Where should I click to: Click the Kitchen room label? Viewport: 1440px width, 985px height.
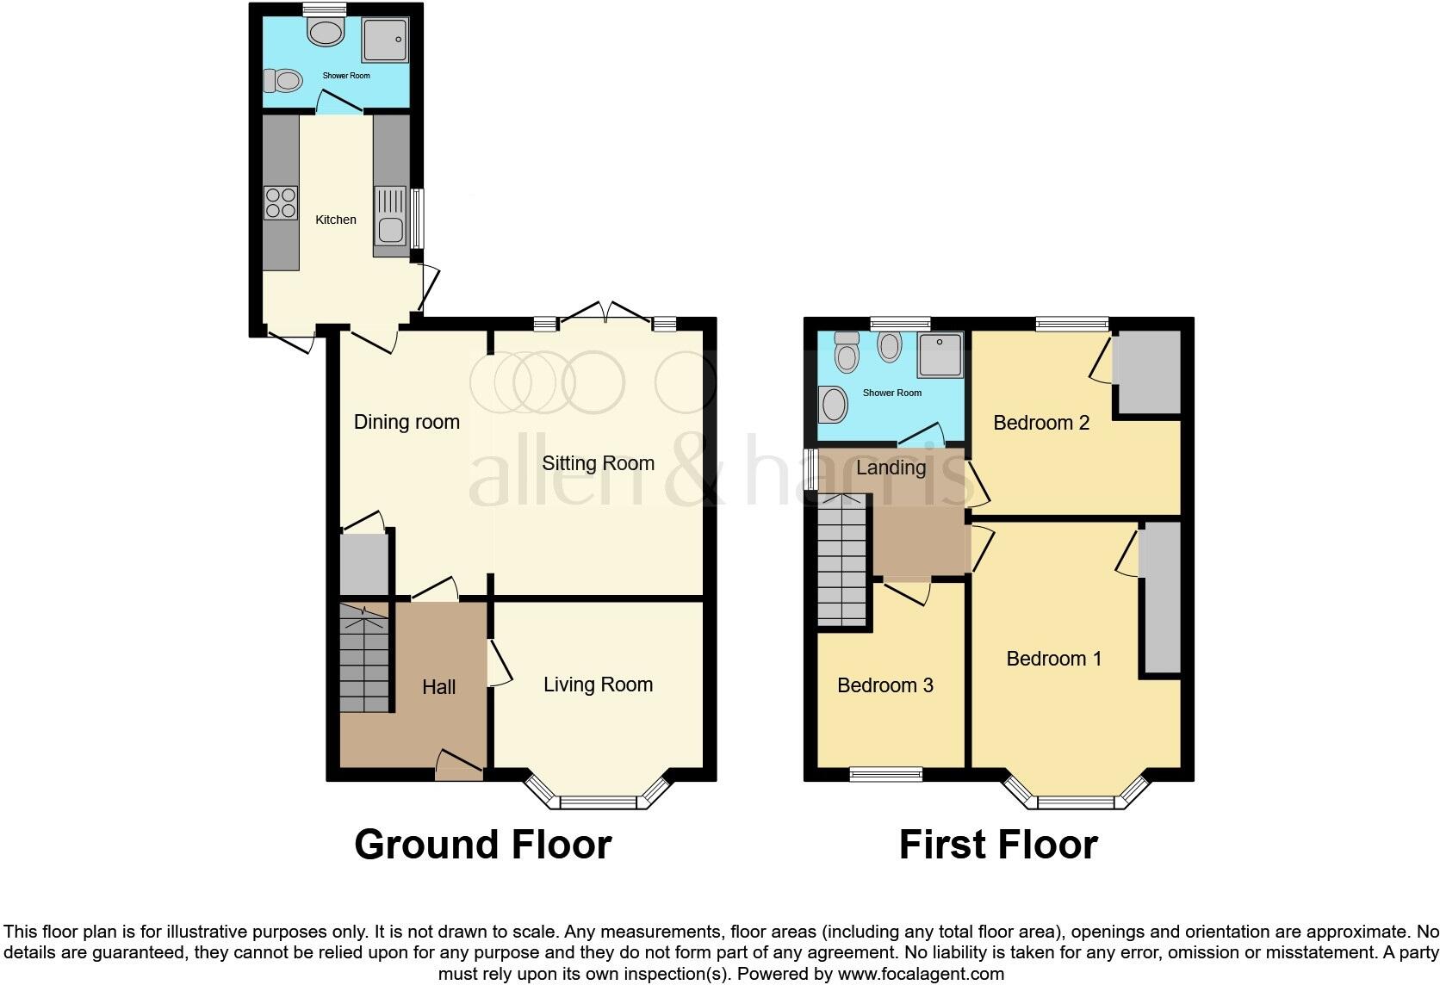pos(335,220)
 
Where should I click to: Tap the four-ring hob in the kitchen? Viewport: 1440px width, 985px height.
pos(281,202)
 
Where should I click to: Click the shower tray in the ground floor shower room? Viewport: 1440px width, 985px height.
pos(385,40)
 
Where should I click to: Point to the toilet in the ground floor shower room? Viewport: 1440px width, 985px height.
pos(282,81)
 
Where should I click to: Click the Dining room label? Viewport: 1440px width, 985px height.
pos(407,422)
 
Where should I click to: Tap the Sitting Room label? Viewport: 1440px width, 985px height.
pos(598,463)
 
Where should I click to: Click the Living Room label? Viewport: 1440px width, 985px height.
pos(598,685)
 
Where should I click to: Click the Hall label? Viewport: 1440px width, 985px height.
pos(438,687)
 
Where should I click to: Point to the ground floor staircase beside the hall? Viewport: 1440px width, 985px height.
pos(363,659)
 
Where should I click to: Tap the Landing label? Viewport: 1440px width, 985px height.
pos(891,468)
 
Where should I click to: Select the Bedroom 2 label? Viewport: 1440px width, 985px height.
pos(1041,423)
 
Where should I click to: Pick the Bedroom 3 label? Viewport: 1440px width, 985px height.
pos(884,685)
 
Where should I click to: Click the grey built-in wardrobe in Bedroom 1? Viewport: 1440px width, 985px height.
pos(1162,598)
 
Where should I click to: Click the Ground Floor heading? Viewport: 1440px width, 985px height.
pos(482,845)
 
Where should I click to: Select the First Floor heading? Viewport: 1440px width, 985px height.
pos(998,845)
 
